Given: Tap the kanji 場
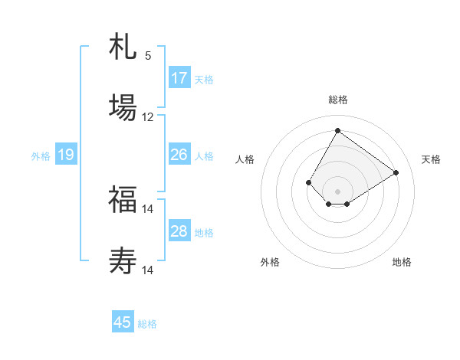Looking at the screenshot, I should (123, 106).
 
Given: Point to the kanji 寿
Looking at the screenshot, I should (123, 260).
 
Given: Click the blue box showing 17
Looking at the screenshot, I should (179, 78).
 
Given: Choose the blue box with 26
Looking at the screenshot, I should (179, 155).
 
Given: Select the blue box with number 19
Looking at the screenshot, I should (66, 155).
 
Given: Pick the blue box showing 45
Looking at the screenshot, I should (123, 322).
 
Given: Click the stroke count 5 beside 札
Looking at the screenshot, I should (148, 56).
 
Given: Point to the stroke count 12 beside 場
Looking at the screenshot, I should (148, 117).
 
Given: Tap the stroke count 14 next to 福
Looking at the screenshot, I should (148, 208).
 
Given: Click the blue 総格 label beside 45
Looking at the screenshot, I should (147, 324).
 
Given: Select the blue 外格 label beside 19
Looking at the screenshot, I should (41, 156).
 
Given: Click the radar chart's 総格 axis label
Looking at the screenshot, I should (337, 100).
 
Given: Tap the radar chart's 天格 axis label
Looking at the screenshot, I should (431, 159).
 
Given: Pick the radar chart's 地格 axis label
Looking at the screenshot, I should (402, 262).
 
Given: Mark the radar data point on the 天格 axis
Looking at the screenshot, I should (396, 172).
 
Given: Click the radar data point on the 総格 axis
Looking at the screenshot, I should (337, 130).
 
